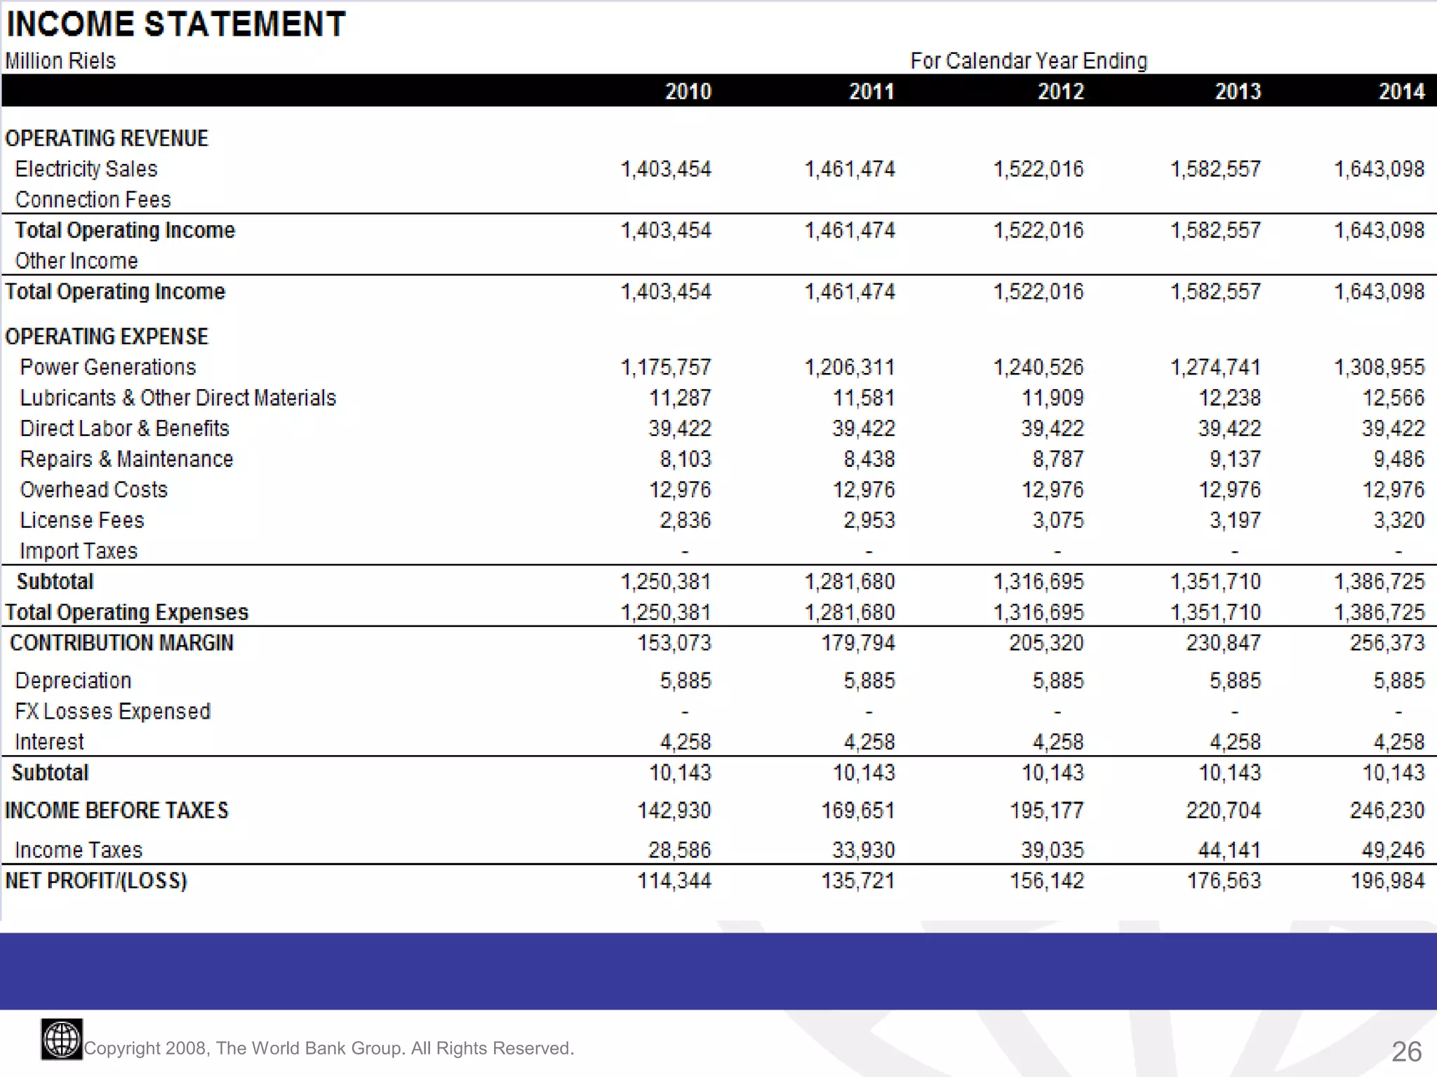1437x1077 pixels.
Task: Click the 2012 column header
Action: tap(1060, 91)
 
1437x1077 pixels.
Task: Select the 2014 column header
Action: tap(1401, 91)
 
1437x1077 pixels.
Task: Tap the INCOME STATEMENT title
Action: tap(175, 25)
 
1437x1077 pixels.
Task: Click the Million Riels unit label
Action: tap(60, 61)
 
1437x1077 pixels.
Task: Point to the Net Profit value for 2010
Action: tap(674, 881)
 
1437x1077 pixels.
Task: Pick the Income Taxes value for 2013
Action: tap(1229, 850)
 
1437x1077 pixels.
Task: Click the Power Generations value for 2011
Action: tap(849, 367)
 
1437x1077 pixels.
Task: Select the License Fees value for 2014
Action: tap(1398, 520)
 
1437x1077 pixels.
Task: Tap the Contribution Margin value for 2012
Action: tap(1045, 643)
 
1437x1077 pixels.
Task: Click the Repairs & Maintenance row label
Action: tap(126, 459)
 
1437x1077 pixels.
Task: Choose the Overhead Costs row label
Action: tap(94, 490)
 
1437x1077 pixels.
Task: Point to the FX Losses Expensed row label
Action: tap(112, 712)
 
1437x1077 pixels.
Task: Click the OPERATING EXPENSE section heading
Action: tap(107, 337)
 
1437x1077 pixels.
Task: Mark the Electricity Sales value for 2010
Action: tap(665, 169)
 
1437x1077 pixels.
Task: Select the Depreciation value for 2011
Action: tap(869, 681)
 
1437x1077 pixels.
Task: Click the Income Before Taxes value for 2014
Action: tap(1386, 811)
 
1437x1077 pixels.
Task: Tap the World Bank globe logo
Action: tap(62, 1039)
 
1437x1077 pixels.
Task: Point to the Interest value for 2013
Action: tap(1234, 742)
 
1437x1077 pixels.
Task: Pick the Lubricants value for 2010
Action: tap(679, 398)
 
